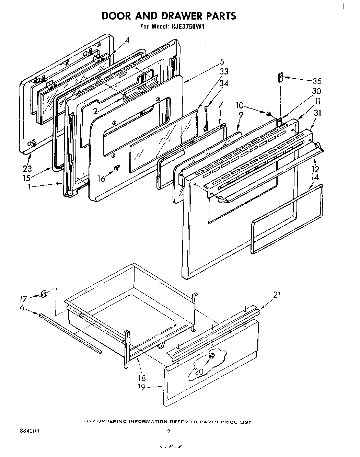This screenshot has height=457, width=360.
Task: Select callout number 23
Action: click(x=27, y=168)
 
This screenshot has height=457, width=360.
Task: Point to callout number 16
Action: click(x=102, y=179)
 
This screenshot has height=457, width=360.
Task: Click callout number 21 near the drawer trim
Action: click(x=277, y=295)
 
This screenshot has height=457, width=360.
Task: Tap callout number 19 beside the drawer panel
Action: click(x=141, y=387)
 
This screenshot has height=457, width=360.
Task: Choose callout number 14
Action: click(x=315, y=177)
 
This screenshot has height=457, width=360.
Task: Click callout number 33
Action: click(x=224, y=71)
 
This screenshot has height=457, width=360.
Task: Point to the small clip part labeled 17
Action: click(x=43, y=294)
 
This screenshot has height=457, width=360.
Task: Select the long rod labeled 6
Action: click(x=70, y=333)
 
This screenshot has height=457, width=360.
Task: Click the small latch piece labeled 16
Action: click(x=117, y=168)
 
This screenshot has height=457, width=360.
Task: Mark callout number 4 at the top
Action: click(x=127, y=40)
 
